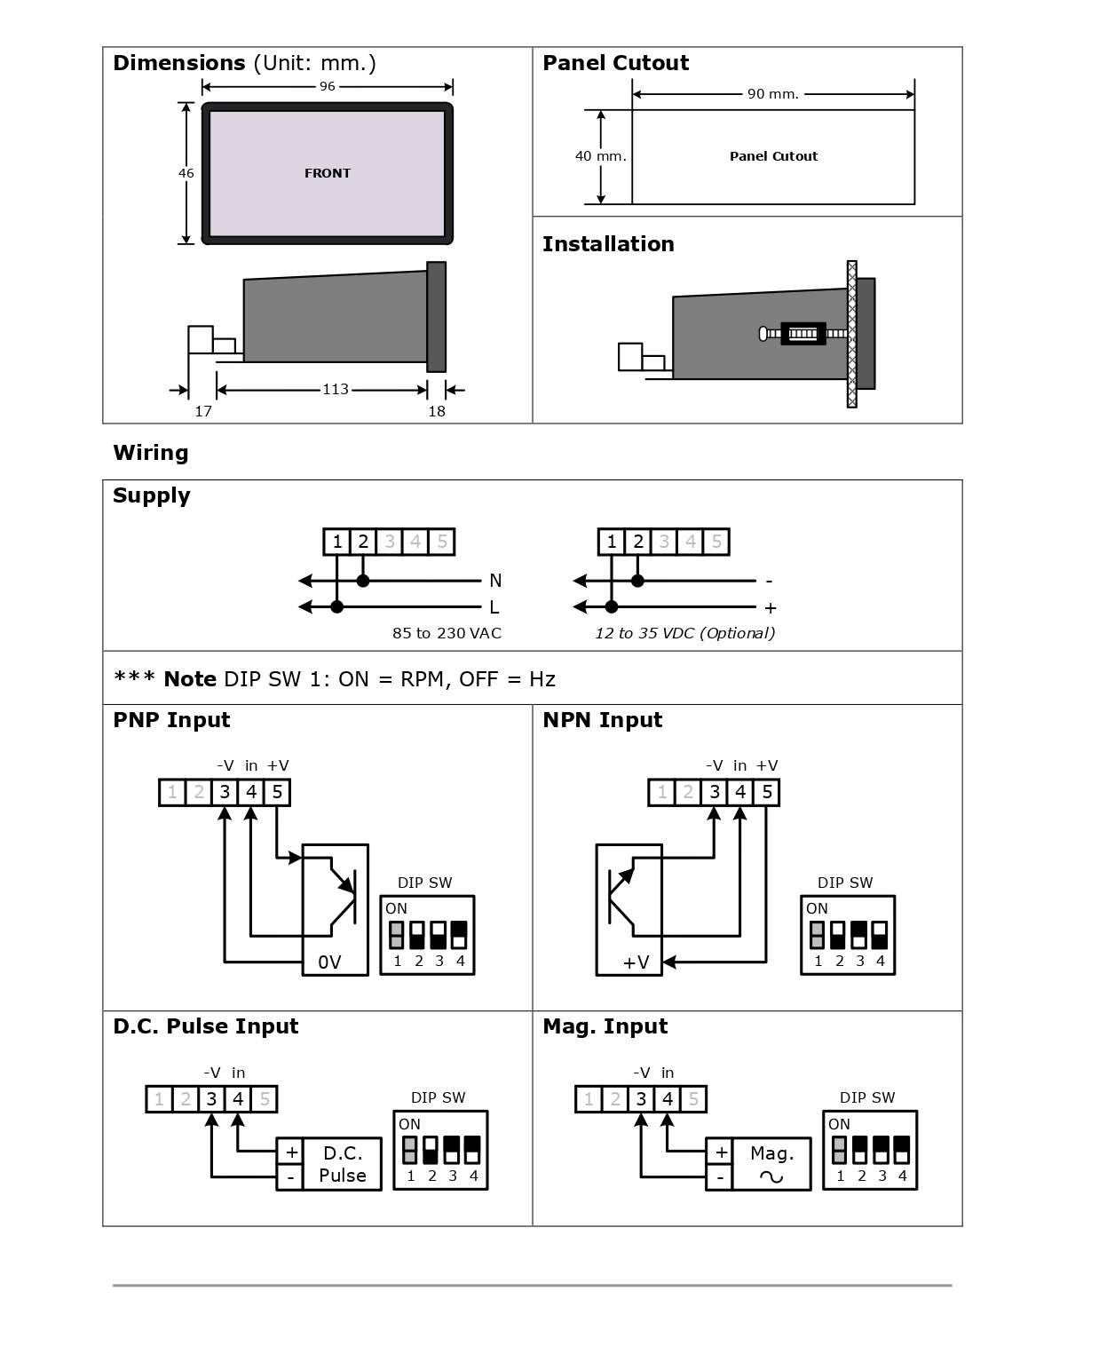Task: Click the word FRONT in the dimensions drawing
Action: tap(328, 173)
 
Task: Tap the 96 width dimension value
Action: tap(328, 86)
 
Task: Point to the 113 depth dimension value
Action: tap(336, 389)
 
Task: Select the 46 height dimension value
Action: tap(186, 173)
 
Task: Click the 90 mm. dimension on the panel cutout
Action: tap(773, 94)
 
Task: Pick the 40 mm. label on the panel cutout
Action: tap(600, 156)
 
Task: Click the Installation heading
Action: tap(608, 244)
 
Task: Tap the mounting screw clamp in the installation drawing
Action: tap(803, 334)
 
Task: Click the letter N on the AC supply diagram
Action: tap(495, 581)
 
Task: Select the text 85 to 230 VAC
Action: tap(447, 633)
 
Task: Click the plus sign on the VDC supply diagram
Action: tap(771, 608)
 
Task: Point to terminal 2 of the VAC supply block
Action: tap(363, 542)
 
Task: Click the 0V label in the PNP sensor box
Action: tap(330, 962)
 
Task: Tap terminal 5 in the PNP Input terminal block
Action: tap(277, 792)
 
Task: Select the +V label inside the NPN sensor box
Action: tap(636, 962)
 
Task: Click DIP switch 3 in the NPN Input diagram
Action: tap(859, 935)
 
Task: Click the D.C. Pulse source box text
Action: tap(343, 1164)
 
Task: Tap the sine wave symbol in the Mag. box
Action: tap(771, 1176)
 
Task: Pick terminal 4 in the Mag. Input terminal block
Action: tap(668, 1099)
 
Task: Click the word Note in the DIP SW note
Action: tap(190, 679)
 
